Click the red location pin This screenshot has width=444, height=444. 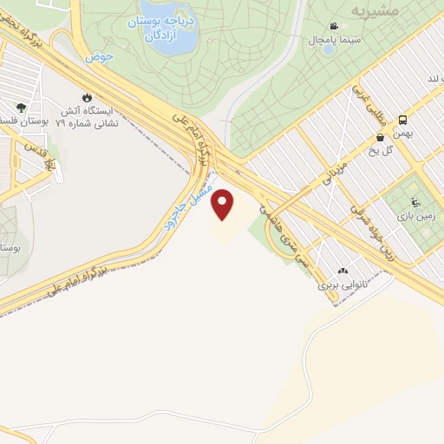click(224, 205)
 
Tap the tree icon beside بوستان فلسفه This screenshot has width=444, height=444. click(20, 108)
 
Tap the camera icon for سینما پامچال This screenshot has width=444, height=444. click(334, 27)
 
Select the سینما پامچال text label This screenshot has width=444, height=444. click(329, 40)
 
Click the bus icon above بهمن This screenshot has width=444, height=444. click(403, 120)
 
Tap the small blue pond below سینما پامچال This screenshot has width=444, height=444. click(328, 49)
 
